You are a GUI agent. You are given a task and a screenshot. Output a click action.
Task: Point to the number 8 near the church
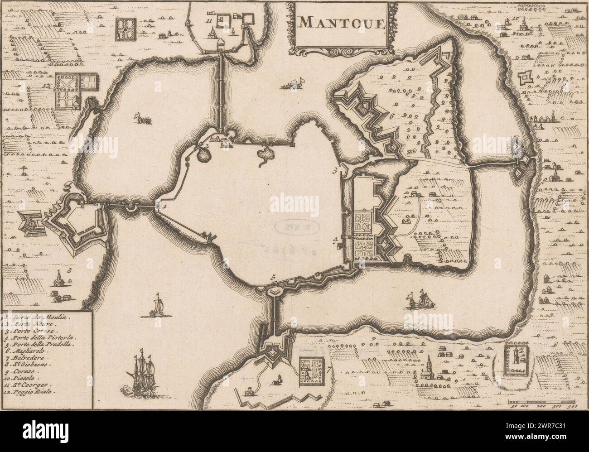point(69,271)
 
